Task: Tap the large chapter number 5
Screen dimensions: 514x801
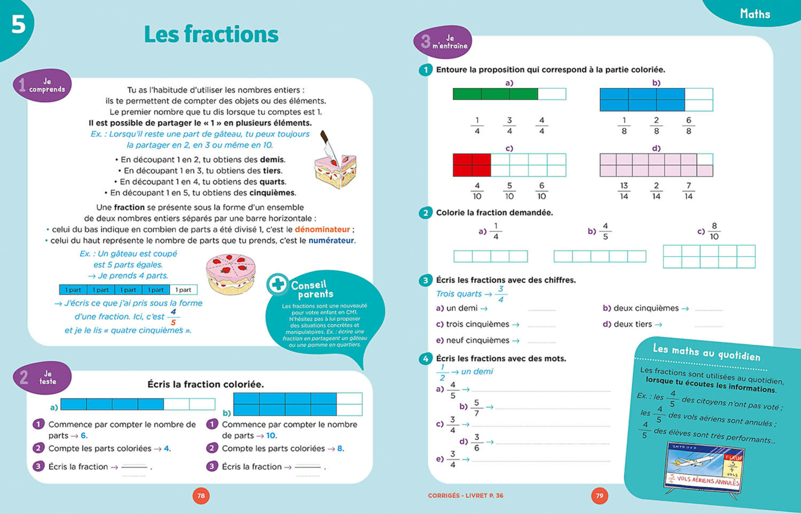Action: (18, 25)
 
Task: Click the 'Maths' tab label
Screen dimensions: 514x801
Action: (755, 14)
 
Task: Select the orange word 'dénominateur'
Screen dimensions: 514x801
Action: (322, 229)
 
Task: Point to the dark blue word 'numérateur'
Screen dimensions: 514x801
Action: (331, 240)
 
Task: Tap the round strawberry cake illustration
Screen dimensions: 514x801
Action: (231, 274)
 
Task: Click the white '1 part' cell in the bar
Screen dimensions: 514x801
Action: (183, 290)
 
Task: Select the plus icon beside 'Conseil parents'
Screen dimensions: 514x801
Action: (278, 284)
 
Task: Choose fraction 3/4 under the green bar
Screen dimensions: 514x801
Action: (509, 126)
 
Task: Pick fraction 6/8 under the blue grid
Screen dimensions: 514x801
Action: (688, 126)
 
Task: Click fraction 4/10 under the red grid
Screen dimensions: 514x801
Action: (477, 191)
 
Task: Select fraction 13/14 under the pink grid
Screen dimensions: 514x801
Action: (624, 191)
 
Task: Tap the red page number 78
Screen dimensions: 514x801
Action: (201, 496)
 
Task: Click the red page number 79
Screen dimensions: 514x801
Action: (599, 496)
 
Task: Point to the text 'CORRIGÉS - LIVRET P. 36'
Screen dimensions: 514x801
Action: (465, 496)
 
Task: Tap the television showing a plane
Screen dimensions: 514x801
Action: (703, 468)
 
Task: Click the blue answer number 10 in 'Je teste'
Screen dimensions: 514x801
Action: (271, 435)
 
